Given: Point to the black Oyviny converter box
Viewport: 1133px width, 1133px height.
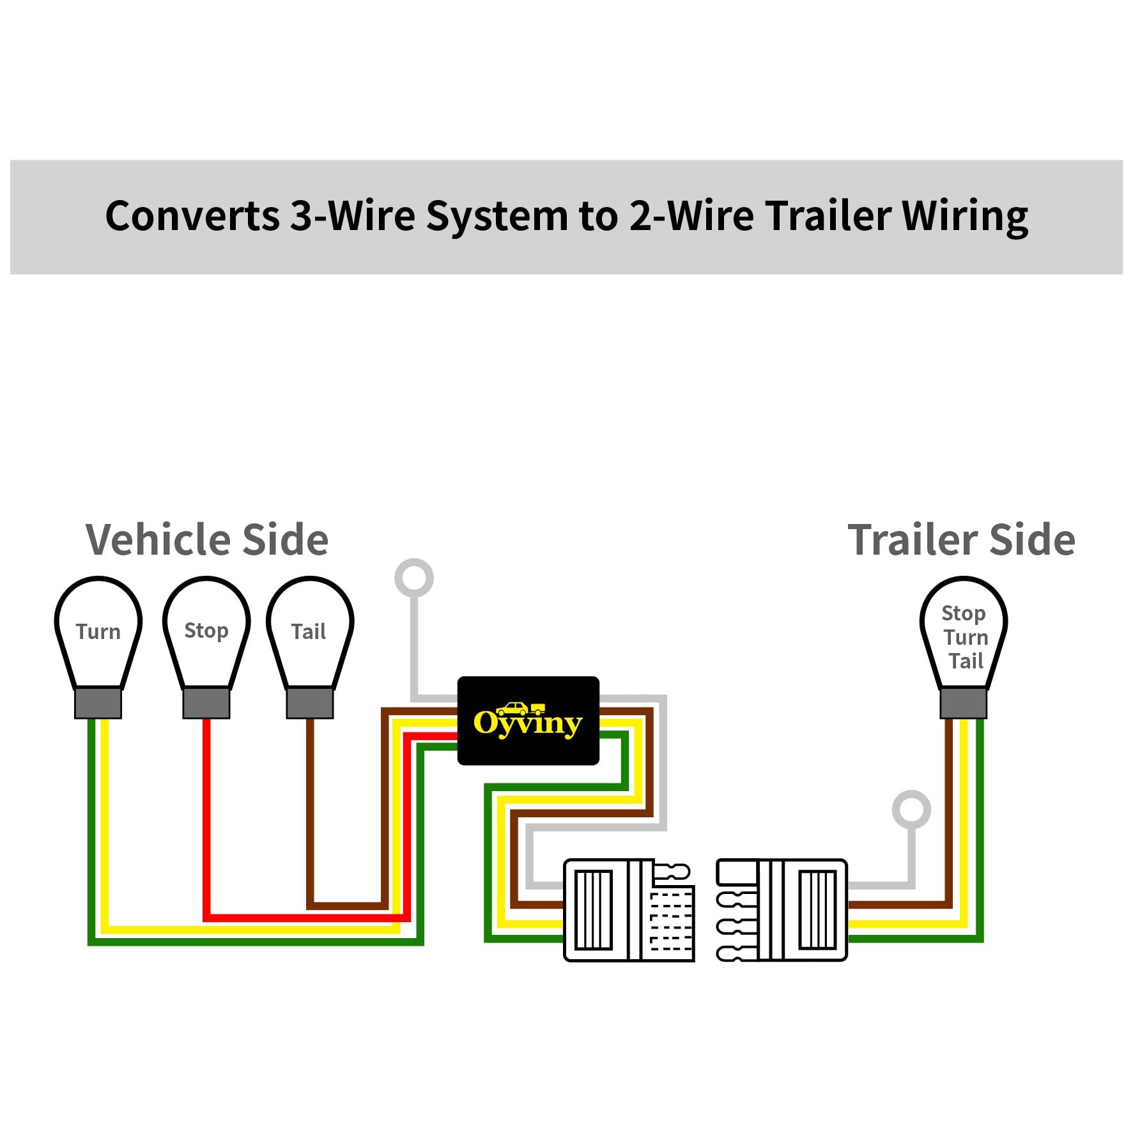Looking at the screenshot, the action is (528, 720).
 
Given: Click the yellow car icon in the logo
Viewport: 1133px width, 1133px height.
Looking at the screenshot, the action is (513, 709).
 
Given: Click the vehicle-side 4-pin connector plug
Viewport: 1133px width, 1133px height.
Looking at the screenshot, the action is (629, 910).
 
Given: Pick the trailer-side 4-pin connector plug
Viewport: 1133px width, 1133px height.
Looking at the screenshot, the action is (782, 910).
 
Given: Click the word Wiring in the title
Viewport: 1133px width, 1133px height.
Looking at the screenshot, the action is (965, 217).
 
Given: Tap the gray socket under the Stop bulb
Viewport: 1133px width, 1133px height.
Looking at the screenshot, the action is (206, 703).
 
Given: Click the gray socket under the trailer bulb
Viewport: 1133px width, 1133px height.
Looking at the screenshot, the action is (963, 703).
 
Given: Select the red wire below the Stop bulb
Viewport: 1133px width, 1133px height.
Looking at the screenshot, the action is (206, 818).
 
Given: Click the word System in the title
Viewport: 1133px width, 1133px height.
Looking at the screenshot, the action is (497, 217).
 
